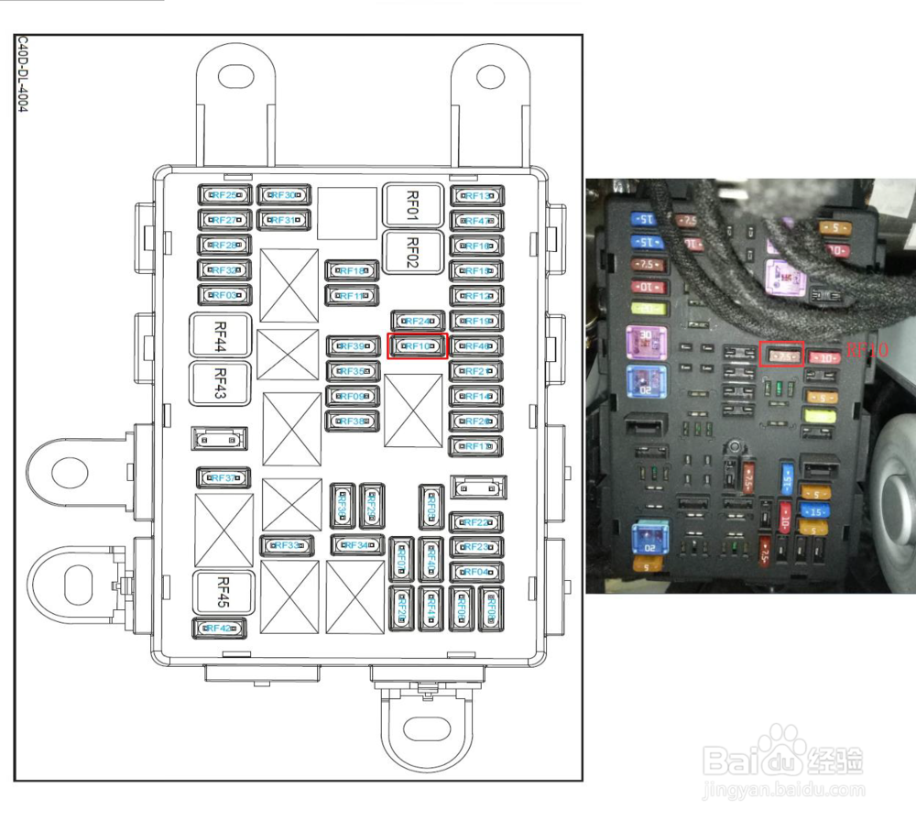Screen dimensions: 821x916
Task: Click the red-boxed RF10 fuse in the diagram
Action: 418,346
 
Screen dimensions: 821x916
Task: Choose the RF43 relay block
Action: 220,383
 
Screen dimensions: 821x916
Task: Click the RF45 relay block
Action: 220,592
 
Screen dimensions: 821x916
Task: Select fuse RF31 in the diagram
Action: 284,220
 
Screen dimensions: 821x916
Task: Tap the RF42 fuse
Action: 220,629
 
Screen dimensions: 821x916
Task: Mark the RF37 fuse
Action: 225,478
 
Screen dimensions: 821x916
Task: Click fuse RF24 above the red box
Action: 418,322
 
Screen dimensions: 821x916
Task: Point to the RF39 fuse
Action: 353,346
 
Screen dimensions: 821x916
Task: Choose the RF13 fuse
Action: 476,196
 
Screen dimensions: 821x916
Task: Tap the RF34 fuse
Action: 357,545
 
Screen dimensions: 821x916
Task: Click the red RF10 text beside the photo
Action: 866,349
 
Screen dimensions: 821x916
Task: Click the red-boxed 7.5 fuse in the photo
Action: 781,354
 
